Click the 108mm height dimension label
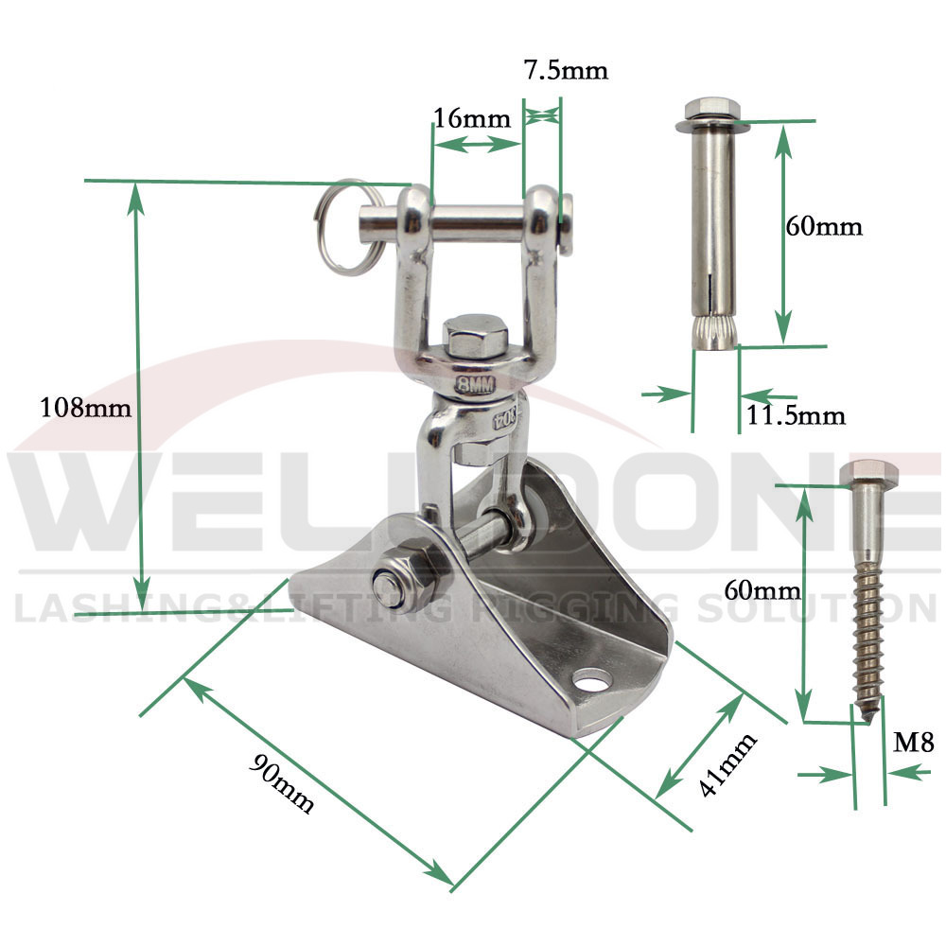[85, 408]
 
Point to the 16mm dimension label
[471, 118]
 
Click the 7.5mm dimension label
[565, 70]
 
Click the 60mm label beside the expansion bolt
[824, 227]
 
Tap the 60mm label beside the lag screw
[762, 590]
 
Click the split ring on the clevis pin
[341, 227]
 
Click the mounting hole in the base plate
[593, 679]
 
